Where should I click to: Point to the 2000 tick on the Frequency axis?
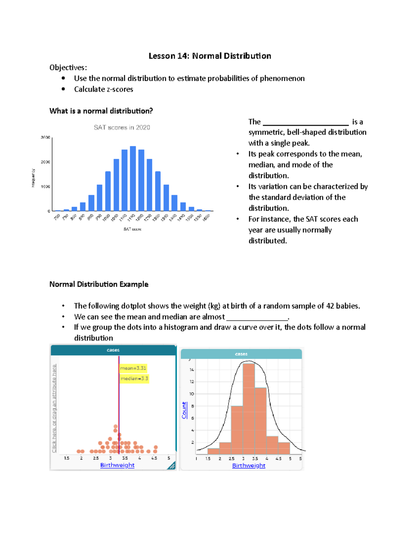[45, 162]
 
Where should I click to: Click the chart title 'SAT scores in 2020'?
[122, 128]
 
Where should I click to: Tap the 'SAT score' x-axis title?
[132, 229]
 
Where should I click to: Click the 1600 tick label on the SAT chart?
[206, 217]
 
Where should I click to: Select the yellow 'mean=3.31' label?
[133, 368]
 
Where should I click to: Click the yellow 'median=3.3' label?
[134, 379]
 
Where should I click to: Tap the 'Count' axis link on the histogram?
[184, 410]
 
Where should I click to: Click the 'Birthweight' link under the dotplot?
[117, 465]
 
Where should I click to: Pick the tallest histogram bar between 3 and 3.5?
[249, 409]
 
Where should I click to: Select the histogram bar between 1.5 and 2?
[213, 451]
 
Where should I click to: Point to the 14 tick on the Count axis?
[192, 370]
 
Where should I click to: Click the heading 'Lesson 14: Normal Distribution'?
[210, 56]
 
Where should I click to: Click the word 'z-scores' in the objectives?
[120, 89]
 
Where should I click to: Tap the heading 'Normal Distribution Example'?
[99, 284]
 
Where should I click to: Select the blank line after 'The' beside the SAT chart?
[306, 122]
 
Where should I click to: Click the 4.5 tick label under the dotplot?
[154, 458]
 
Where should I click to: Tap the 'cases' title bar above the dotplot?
[113, 350]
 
